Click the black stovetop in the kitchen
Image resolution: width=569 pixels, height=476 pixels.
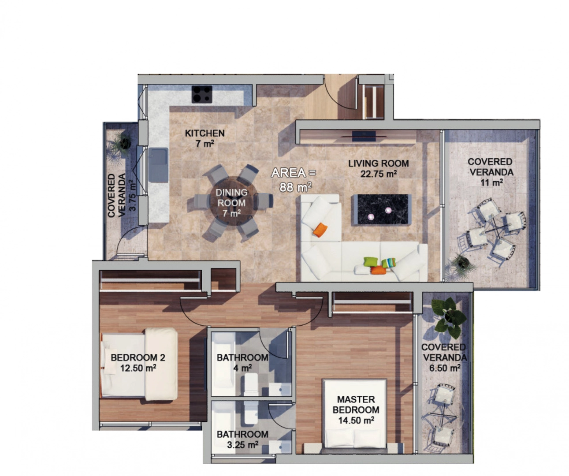tap(202, 94)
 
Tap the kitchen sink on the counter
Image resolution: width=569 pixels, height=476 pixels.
tap(158, 164)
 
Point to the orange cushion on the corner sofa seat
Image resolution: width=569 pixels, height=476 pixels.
tap(320, 230)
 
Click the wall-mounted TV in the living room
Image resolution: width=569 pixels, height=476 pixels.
tap(364, 136)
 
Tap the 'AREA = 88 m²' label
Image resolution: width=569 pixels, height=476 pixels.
tap(294, 180)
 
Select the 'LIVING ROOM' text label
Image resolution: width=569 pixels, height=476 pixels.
tap(379, 164)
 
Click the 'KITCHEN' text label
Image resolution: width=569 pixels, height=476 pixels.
tap(205, 133)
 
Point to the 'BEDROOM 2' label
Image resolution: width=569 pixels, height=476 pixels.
tap(138, 357)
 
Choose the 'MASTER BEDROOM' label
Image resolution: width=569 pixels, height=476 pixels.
tap(356, 405)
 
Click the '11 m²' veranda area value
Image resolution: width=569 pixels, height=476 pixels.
tap(491, 182)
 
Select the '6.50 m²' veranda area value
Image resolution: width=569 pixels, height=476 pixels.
tap(445, 368)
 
